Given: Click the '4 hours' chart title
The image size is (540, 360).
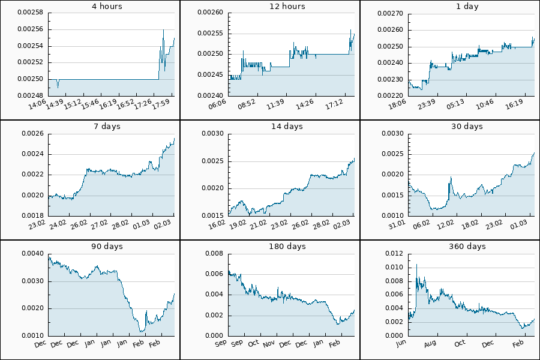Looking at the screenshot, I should click(x=90, y=7).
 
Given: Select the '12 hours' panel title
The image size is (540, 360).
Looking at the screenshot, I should click(x=270, y=7).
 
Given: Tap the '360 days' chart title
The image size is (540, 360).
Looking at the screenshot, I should click(x=450, y=247).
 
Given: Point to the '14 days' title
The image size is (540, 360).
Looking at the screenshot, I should click(x=270, y=127).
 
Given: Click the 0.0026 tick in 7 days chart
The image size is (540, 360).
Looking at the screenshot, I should click(x=33, y=133).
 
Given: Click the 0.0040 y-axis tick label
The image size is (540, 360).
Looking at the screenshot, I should click(x=33, y=253).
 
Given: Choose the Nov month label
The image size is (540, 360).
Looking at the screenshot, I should click(x=268, y=344).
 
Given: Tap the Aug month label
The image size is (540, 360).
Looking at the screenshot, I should click(x=430, y=344).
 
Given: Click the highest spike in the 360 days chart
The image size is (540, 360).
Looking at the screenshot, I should click(x=416, y=265).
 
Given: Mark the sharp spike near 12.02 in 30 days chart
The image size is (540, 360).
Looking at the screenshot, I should click(x=450, y=178).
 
